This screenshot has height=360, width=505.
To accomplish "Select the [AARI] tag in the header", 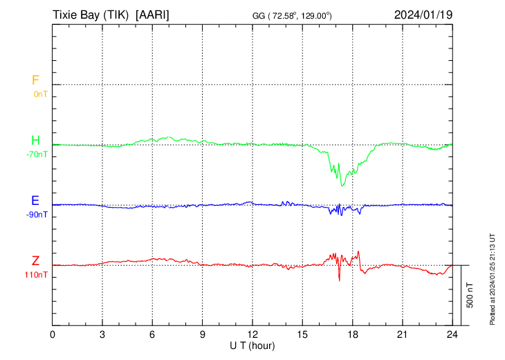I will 153,15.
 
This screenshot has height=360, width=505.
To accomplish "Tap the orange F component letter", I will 35,80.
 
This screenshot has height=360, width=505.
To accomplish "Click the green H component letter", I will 35,141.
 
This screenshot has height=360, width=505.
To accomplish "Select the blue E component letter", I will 35,201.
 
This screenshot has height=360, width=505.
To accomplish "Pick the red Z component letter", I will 35,261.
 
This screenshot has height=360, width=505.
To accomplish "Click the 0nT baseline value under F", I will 40,93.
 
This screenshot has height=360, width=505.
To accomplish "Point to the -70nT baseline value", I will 37,154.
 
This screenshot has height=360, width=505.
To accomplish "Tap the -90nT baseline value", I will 37,214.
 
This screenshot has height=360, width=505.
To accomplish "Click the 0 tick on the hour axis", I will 53,334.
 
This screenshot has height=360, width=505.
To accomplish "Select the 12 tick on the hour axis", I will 252,334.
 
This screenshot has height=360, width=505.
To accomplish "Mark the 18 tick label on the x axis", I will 352,334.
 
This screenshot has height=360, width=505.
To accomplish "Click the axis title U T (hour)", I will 252,345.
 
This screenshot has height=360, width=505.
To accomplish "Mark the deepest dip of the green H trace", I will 342,185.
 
